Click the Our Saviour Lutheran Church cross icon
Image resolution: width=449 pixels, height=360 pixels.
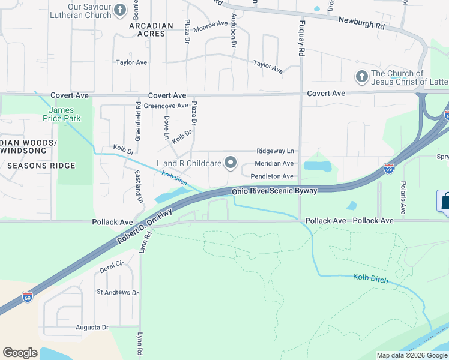(120, 10)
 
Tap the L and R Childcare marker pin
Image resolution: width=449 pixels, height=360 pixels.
(231, 163)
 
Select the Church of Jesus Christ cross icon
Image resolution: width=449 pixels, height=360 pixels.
(361, 77)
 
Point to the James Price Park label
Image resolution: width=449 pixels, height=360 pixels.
(61, 114)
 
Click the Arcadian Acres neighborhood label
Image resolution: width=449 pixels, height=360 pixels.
(151, 30)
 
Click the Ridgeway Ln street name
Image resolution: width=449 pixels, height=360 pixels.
(275, 151)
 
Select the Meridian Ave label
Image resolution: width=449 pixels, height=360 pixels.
(274, 163)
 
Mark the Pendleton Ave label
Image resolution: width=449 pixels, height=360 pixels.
(272, 176)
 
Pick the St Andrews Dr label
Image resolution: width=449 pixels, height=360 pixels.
(118, 293)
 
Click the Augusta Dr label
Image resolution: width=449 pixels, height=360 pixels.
(92, 328)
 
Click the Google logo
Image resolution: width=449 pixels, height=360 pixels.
(20, 353)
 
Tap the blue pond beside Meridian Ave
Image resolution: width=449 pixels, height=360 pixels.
(317, 166)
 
